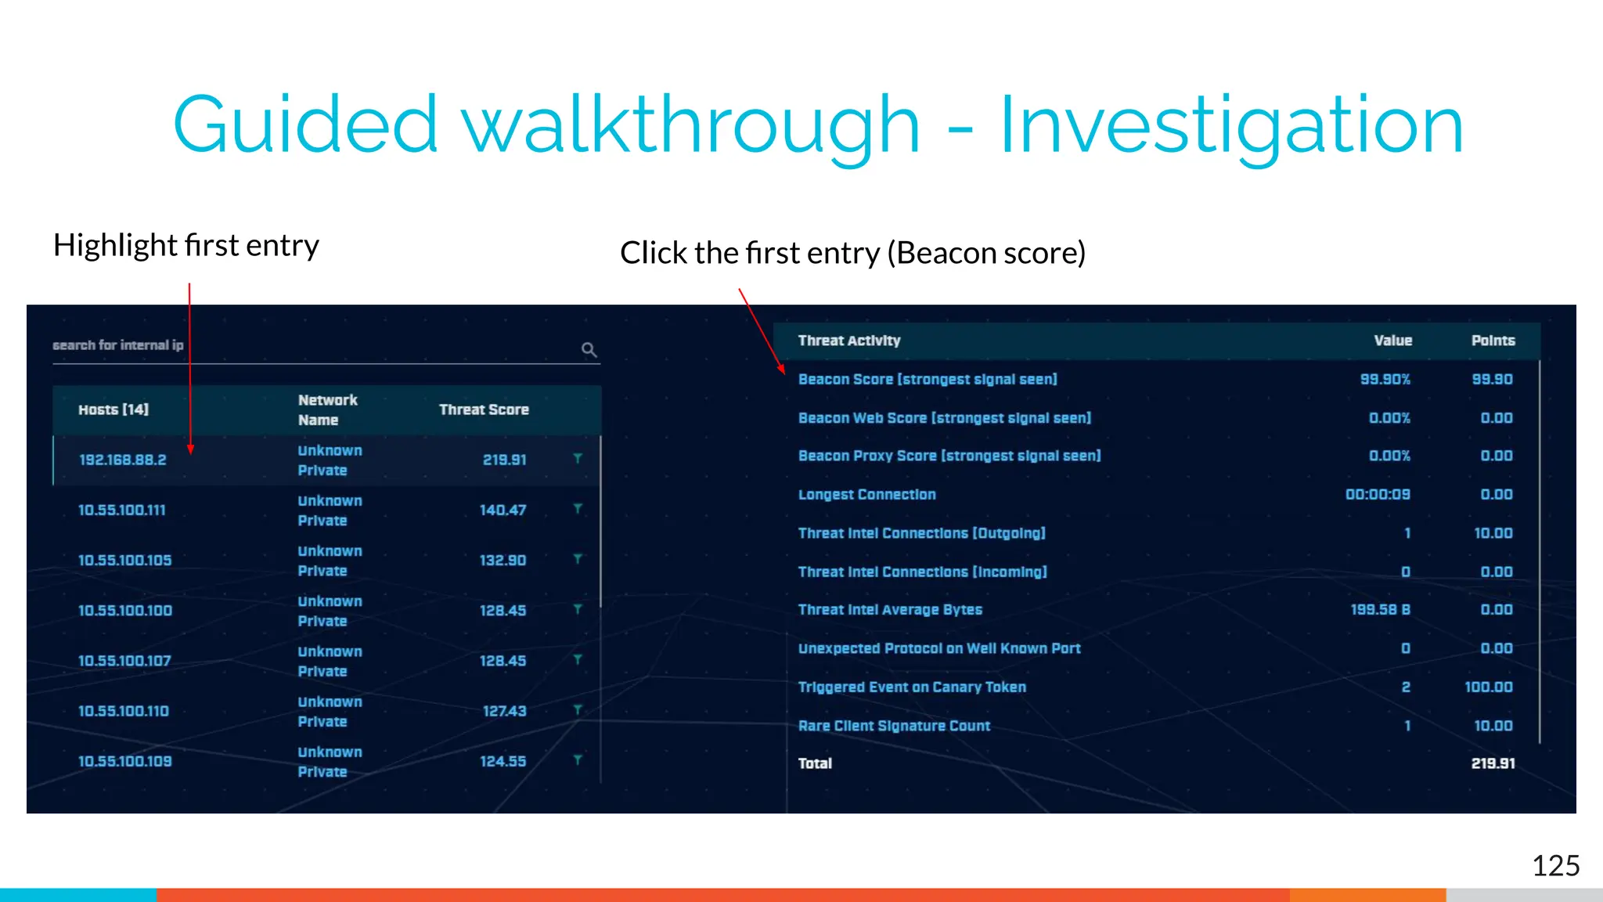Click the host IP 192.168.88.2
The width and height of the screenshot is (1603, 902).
(123, 460)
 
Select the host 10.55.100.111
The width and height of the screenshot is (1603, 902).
(122, 510)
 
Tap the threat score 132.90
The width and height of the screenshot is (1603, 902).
(503, 560)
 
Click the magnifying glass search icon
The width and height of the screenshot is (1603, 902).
(589, 349)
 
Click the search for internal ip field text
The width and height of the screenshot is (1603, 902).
(118, 345)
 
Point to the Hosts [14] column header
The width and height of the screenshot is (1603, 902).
(113, 410)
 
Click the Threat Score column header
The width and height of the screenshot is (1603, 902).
(484, 410)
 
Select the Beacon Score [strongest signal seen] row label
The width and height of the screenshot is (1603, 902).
(928, 379)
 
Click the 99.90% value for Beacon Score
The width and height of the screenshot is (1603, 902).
(1385, 379)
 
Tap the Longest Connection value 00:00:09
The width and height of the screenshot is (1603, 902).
(1378, 494)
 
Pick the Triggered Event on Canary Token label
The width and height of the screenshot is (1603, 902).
(912, 687)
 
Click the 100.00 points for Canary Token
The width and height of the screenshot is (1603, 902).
(1489, 687)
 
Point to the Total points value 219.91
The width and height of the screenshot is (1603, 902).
(1493, 763)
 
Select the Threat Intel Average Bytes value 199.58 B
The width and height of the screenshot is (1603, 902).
(1380, 609)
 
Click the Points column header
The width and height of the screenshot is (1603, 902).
(1493, 341)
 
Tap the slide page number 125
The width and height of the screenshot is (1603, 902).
(1555, 866)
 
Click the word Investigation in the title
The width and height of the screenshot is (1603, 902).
(1231, 125)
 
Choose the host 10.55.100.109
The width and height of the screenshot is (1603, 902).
(125, 761)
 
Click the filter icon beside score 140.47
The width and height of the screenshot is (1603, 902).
(578, 509)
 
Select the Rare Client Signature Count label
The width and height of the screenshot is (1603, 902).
(894, 726)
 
